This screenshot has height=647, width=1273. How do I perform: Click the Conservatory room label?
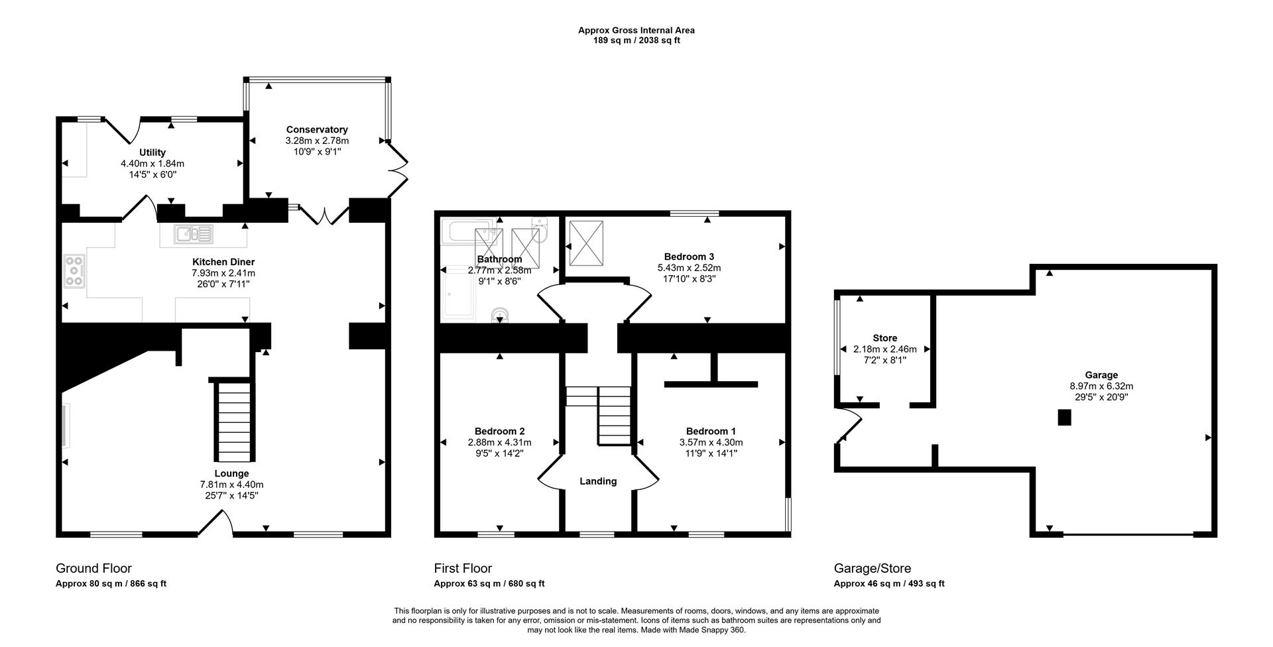click(x=317, y=129)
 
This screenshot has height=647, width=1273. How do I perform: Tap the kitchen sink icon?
click(x=194, y=233)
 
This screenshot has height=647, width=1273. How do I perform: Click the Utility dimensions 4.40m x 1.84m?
click(x=152, y=164)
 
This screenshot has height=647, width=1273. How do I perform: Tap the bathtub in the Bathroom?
click(x=468, y=231)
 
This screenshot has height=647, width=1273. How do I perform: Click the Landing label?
click(x=598, y=481)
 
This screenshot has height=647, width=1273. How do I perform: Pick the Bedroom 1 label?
click(x=711, y=431)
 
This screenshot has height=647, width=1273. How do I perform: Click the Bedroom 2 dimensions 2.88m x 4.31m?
click(x=499, y=442)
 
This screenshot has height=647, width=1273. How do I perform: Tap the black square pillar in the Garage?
click(x=1063, y=418)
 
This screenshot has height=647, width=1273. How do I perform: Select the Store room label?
click(x=884, y=338)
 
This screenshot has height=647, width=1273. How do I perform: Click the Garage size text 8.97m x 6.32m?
click(x=1101, y=386)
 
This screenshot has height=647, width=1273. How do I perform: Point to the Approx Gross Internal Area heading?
click(x=636, y=30)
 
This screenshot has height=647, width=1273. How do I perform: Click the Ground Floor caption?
click(x=93, y=568)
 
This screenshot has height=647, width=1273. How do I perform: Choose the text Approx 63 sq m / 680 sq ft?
click(x=489, y=584)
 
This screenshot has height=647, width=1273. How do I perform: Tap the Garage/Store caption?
click(x=872, y=568)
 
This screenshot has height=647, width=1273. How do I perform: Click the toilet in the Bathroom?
click(x=499, y=314)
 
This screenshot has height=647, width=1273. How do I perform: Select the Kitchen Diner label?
click(x=223, y=262)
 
